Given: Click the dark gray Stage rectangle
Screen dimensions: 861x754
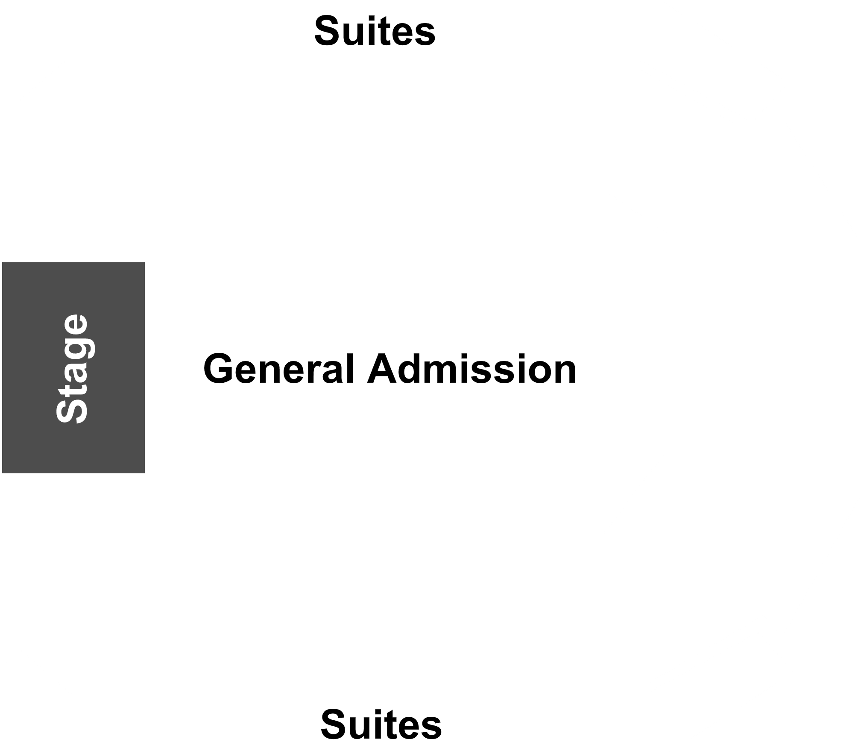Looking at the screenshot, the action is [73, 368].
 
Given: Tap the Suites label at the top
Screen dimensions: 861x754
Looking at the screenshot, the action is [375, 31].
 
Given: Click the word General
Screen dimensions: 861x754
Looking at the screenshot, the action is [279, 369].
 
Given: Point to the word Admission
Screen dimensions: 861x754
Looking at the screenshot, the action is [472, 369].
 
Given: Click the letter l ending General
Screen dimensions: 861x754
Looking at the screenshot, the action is [350, 368].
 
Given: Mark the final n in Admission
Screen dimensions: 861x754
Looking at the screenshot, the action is [565, 373].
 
